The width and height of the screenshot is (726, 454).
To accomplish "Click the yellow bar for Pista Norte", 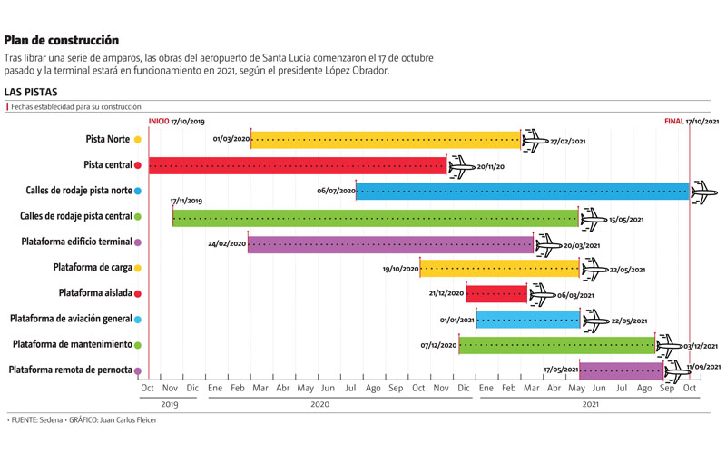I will point(385,140).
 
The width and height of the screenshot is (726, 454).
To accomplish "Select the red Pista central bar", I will point(298,165).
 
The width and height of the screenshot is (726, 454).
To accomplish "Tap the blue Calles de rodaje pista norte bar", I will point(522,191).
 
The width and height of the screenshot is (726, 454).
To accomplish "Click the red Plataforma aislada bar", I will point(495,294).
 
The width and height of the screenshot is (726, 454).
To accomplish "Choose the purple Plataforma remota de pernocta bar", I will point(621,370).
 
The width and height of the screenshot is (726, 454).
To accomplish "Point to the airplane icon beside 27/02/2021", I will point(535,140).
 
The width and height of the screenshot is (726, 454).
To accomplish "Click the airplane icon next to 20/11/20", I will point(461,166).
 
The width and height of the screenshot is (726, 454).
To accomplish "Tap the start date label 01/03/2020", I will point(231,140).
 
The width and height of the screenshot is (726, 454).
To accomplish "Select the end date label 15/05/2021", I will point(627,219).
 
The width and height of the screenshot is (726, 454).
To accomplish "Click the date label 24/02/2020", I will point(227,244).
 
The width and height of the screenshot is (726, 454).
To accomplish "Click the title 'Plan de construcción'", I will point(62,40).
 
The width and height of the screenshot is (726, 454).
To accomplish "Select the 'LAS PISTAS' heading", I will point(32,92).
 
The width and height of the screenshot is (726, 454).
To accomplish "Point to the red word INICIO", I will point(159,121).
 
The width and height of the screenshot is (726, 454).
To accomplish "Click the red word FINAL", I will point(673,121).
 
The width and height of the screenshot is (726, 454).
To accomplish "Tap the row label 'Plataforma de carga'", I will point(92,268).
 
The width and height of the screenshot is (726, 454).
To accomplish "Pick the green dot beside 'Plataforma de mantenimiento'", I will point(137,345).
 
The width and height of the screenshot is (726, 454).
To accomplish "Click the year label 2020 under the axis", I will point(319,405).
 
